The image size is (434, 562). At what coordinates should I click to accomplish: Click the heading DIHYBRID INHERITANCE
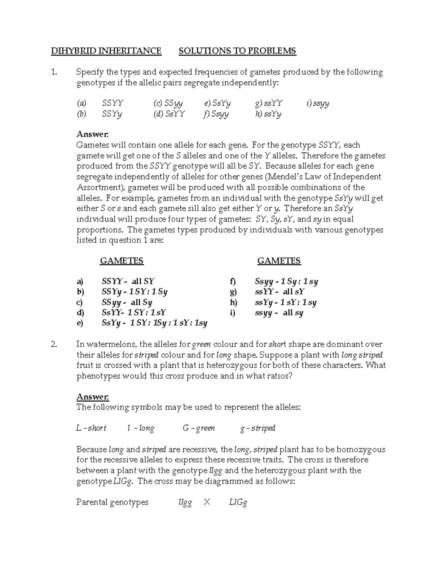(x=106, y=51)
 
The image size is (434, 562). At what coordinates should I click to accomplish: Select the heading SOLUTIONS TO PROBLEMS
(x=237, y=51)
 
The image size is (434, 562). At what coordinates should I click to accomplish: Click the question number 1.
(x=54, y=72)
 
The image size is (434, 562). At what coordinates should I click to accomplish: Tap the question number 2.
(x=54, y=345)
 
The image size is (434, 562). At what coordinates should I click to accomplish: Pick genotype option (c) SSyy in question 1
(x=168, y=103)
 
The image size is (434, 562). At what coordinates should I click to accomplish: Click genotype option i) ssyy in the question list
(x=318, y=103)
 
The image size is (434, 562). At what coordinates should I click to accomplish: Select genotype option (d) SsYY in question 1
(x=169, y=114)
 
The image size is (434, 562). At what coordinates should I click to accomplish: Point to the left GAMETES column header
(x=122, y=261)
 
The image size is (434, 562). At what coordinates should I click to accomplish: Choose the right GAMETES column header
(x=279, y=261)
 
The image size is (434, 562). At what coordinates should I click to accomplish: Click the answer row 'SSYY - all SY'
(x=128, y=281)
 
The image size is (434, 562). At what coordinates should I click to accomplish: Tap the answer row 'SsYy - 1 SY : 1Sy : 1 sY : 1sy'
(x=154, y=323)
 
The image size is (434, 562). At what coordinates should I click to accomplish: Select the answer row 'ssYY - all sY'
(x=280, y=292)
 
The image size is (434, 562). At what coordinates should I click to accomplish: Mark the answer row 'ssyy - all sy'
(x=279, y=313)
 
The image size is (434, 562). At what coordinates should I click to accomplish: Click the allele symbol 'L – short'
(x=91, y=428)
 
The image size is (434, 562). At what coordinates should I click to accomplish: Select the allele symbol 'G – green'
(x=199, y=428)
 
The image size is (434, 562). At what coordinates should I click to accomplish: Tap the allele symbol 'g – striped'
(x=258, y=428)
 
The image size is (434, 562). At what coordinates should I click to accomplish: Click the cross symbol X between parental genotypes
(x=207, y=502)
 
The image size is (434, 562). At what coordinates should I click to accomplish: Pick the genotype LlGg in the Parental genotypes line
(x=238, y=502)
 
